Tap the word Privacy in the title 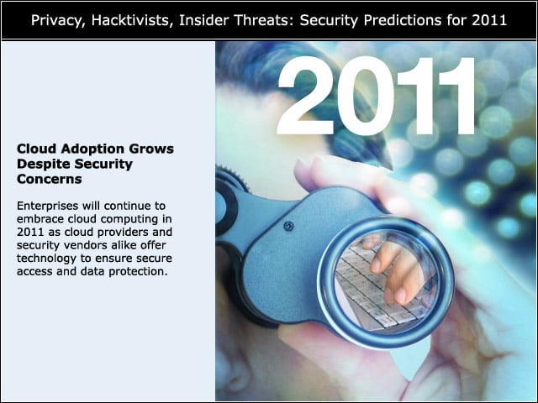58,21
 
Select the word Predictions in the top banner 403,21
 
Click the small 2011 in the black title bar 489,20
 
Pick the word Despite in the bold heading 44,165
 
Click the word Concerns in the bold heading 50,179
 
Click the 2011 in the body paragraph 30,232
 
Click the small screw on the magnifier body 288,226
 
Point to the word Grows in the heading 151,149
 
